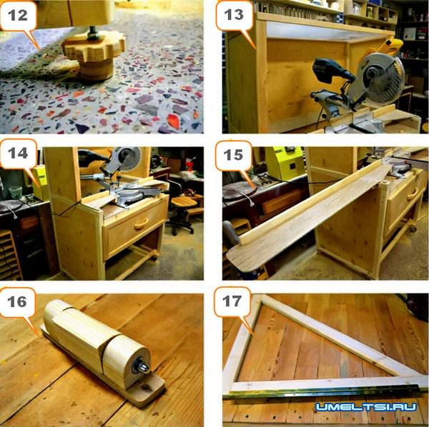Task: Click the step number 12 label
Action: tap(18, 15)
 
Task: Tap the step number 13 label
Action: tap(234, 14)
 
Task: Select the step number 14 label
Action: tap(18, 153)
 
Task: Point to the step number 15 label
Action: tap(233, 155)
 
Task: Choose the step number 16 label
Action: tap(17, 301)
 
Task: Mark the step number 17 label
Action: tap(232, 301)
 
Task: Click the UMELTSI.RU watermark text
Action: tap(366, 407)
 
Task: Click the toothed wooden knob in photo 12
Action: tap(94, 47)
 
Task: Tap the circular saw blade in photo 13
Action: tap(377, 79)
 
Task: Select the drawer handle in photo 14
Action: tap(142, 223)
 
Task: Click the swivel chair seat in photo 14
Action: tap(184, 202)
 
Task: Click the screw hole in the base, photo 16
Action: tap(144, 387)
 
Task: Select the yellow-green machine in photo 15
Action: tap(285, 164)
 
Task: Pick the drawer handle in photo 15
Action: tap(414, 195)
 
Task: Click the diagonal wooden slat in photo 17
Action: tap(339, 336)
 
